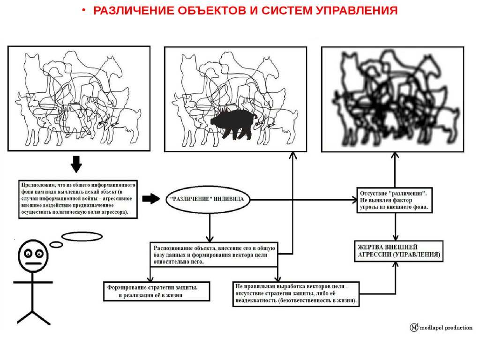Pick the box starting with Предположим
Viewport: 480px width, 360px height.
pos(78,199)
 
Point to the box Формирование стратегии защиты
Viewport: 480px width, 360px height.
pos(157,291)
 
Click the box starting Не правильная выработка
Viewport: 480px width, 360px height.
pos(296,293)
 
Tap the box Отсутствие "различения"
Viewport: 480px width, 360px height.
pos(395,200)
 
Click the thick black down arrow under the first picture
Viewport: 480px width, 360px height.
pos(76,164)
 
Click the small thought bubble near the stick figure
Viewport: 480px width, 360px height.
pos(56,244)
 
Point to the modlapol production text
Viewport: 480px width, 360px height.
pos(445,328)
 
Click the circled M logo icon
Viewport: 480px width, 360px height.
pos(414,328)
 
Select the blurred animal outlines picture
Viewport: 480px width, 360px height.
pos(392,99)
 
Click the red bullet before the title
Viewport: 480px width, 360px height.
pos(85,11)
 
